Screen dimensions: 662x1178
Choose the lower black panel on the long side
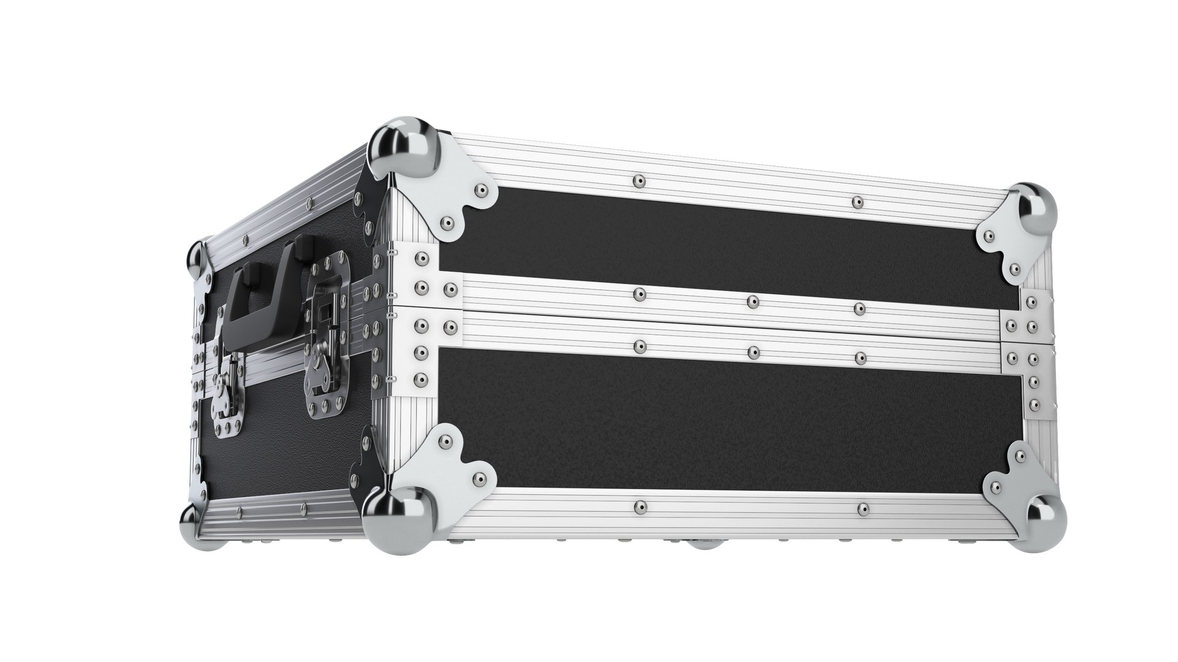point(724,417)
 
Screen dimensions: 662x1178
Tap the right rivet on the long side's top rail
point(857,202)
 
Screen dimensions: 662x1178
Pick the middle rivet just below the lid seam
point(752,352)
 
